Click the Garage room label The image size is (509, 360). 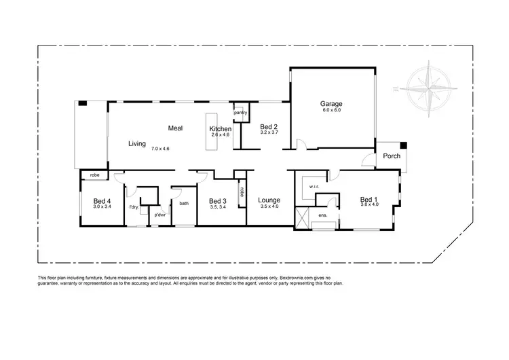(x=332, y=104)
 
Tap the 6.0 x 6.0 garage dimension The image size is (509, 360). (x=331, y=111)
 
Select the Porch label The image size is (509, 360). (x=392, y=156)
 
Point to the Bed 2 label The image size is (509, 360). (x=269, y=126)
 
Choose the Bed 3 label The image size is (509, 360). (x=217, y=201)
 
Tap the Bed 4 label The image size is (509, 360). (x=102, y=201)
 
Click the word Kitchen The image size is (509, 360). (x=221, y=129)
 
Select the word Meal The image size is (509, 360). (x=177, y=127)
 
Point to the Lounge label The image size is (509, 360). (x=269, y=200)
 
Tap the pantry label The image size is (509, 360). (x=240, y=113)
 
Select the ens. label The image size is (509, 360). (x=323, y=216)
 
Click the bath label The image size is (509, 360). (x=183, y=203)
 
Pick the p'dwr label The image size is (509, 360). (x=160, y=215)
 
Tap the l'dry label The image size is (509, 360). (x=134, y=207)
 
